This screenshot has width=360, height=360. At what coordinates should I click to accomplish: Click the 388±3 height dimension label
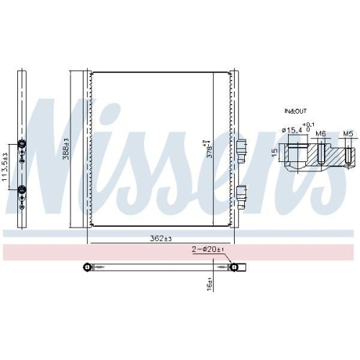point(66,149)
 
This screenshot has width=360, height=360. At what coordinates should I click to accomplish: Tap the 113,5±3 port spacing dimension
point(6,166)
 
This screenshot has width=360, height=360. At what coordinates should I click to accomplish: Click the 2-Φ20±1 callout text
point(207,249)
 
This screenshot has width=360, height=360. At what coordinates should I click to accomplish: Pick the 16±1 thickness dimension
point(209,283)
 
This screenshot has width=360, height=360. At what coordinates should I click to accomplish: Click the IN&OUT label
point(294,112)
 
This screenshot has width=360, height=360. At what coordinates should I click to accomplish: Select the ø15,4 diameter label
point(293,130)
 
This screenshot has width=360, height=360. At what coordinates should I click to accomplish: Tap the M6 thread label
point(321,133)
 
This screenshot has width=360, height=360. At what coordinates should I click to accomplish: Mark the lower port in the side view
point(22,190)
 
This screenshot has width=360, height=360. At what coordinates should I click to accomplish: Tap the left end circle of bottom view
point(87,268)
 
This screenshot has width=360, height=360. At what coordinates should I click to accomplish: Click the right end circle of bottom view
point(233,268)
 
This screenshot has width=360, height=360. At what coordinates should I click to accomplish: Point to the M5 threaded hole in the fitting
point(348,154)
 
